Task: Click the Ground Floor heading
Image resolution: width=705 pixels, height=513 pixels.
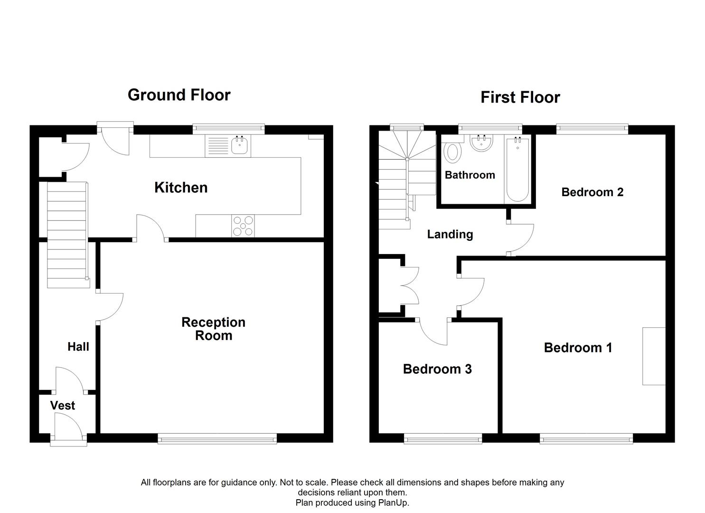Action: (x=179, y=95)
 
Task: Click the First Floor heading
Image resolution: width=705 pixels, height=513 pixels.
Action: (x=520, y=97)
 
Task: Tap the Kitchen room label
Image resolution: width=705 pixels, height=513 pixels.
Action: (x=181, y=188)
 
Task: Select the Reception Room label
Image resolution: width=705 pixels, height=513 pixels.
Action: (x=213, y=329)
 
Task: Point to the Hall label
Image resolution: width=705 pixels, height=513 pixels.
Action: (x=78, y=347)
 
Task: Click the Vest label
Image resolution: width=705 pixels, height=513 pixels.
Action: (x=63, y=406)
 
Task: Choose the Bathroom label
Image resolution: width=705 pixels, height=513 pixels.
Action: (x=470, y=175)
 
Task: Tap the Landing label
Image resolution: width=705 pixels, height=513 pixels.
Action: (x=450, y=234)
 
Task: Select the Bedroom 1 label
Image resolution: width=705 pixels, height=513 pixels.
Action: (x=578, y=348)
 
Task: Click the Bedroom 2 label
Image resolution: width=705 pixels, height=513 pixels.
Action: (x=592, y=192)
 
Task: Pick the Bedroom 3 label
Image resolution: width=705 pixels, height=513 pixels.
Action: (x=437, y=369)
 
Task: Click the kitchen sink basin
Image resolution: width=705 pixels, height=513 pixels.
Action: (x=240, y=145)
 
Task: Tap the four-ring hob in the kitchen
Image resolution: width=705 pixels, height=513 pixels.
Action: (x=243, y=226)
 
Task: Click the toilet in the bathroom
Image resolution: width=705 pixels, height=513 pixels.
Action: (x=452, y=152)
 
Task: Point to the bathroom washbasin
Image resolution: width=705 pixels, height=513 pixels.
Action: (x=481, y=143)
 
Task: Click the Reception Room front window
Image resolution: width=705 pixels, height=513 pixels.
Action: (x=217, y=439)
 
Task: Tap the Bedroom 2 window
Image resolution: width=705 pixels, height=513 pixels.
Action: (x=592, y=129)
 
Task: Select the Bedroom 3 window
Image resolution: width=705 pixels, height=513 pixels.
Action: (x=443, y=439)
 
